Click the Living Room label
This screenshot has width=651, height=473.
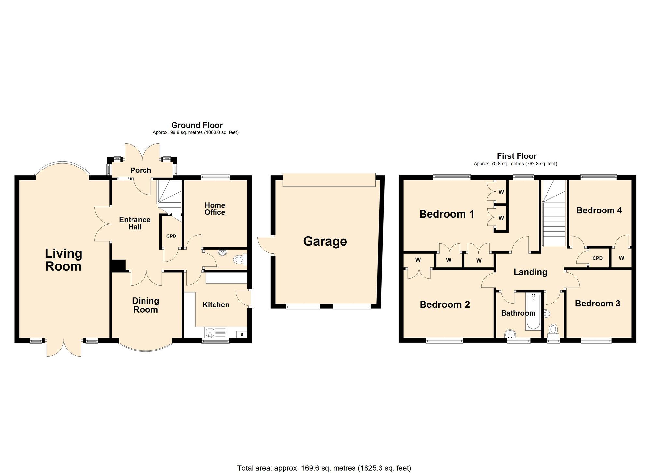[63, 260]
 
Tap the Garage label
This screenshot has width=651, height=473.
[325, 241]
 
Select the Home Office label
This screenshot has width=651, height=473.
[215, 209]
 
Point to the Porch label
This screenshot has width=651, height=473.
[141, 170]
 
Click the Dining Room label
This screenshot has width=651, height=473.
[145, 305]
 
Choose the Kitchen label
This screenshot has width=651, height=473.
[216, 305]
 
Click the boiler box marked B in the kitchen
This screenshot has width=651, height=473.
[242, 334]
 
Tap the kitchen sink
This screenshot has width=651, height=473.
[210, 332]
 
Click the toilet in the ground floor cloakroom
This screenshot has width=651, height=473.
[239, 260]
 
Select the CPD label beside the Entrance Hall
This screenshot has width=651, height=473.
[171, 236]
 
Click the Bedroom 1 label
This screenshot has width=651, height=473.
[447, 214]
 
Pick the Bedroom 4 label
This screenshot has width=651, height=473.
[599, 210]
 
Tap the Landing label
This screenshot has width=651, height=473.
[530, 272]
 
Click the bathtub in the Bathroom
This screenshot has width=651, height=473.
[533, 312]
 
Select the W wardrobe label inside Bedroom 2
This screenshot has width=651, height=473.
[418, 260]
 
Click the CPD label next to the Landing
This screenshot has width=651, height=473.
[598, 258]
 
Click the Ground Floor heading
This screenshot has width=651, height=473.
[197, 125]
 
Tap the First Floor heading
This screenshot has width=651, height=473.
[517, 156]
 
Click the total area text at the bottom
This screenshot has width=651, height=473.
[324, 468]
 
